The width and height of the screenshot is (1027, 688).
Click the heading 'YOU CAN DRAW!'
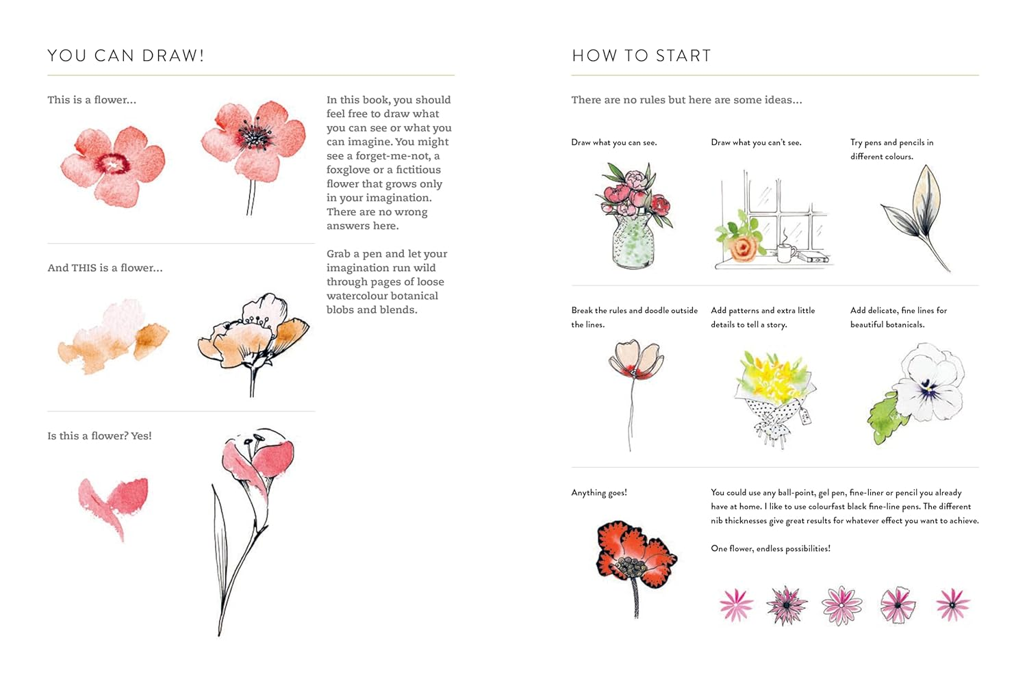click(x=126, y=55)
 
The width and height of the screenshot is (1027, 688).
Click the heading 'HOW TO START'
click(x=642, y=55)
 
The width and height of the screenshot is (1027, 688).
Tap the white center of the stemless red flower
click(x=112, y=164)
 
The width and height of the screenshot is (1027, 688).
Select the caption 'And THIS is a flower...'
click(x=105, y=268)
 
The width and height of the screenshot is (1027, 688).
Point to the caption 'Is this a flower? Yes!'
click(x=99, y=435)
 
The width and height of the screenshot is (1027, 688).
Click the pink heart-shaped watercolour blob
click(x=114, y=503)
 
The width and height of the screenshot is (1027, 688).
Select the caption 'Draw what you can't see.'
click(x=756, y=142)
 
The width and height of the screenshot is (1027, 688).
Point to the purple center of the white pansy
click(x=928, y=391)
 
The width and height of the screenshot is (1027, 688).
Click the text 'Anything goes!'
click(x=599, y=492)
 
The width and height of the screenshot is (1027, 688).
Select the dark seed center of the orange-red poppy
click(x=630, y=566)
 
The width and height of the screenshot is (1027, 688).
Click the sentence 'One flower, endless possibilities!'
click(x=770, y=548)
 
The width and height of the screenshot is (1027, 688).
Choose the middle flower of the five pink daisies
click(x=841, y=605)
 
